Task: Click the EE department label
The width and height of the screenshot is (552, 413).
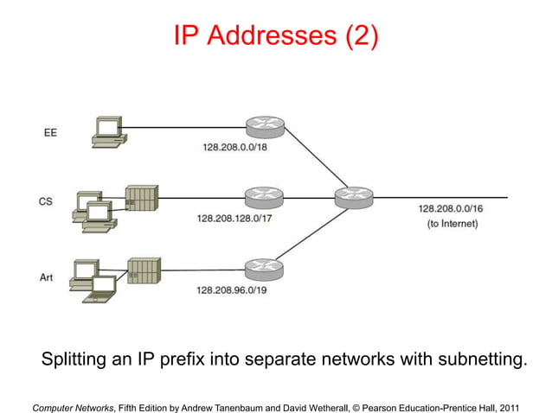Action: pos(51,133)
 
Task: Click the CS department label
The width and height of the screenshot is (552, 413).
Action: pos(47,201)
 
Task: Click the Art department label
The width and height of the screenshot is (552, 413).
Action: pos(47,277)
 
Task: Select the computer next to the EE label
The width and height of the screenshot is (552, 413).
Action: pos(109,130)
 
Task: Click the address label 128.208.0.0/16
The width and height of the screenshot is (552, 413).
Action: pos(452,208)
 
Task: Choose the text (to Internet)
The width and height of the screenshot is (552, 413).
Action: pos(453,224)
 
